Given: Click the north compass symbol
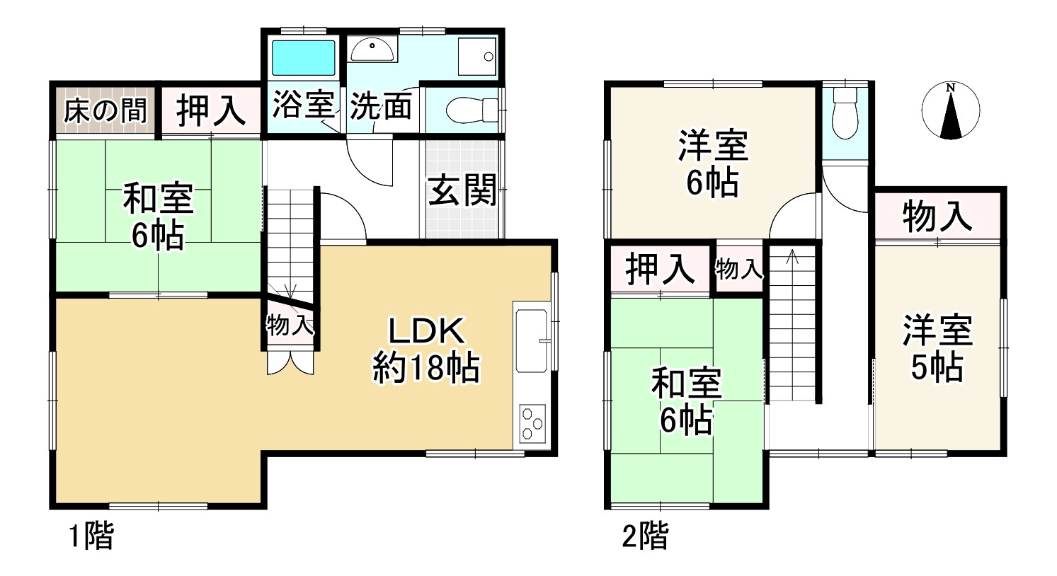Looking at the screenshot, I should point(951,111).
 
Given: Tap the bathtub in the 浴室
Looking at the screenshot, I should point(303,57).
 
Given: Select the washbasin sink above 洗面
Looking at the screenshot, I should point(372,50).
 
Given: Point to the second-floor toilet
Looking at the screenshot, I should point(845,113).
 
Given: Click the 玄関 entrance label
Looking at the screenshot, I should point(462,190).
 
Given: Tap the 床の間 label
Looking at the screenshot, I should point(105,110).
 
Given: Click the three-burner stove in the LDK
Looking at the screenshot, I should point(532,424).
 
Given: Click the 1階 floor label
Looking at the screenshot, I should point(91,536).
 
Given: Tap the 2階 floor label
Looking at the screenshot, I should point(644,536).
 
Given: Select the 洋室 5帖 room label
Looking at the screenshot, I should point(937,348).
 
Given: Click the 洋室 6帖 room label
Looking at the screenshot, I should point(712,163).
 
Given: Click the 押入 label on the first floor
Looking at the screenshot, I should point(210,110).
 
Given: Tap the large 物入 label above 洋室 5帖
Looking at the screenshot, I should point(937,216).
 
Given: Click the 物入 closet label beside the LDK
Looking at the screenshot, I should point(290,326).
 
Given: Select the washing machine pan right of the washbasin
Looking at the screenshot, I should point(476,55).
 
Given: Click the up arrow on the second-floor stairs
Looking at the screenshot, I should point(792,256).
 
